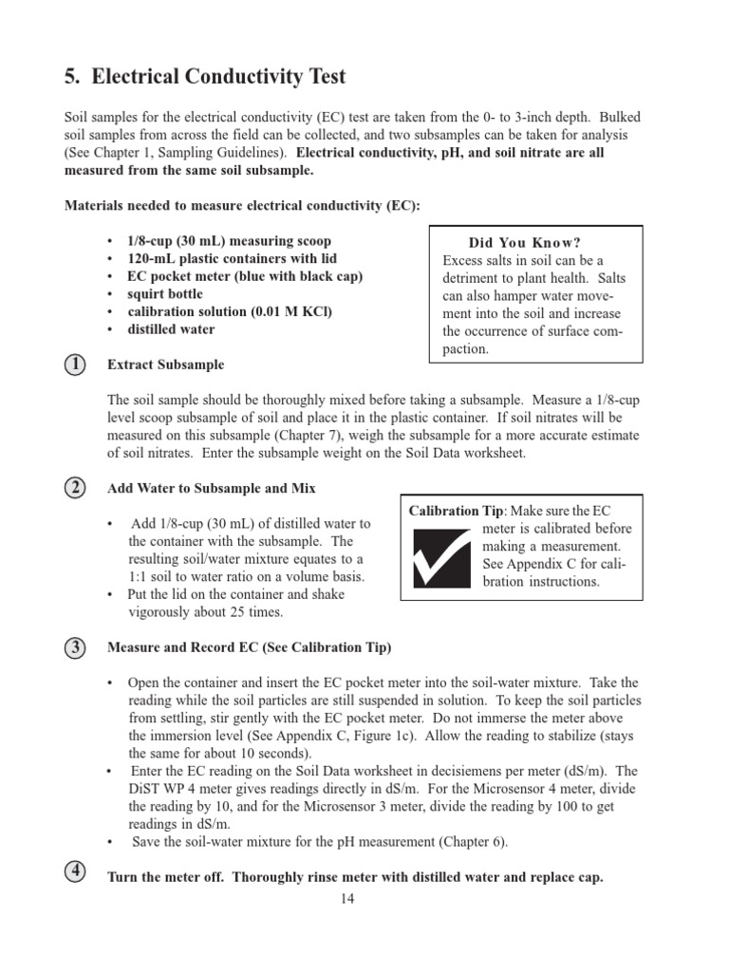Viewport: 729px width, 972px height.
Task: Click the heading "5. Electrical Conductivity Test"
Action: [205, 76]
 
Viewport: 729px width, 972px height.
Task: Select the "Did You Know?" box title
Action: [538, 242]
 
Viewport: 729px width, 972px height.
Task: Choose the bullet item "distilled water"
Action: [171, 329]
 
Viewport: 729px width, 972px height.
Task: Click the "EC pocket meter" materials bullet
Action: [245, 276]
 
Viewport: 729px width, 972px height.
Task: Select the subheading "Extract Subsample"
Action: [166, 364]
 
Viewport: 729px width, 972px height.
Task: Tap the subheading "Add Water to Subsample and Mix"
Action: [212, 488]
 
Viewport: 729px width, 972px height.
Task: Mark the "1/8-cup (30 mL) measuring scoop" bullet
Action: [230, 241]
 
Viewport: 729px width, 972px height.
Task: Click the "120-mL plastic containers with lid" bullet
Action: [232, 258]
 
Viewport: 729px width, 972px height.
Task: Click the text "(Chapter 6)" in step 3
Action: [472, 842]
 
